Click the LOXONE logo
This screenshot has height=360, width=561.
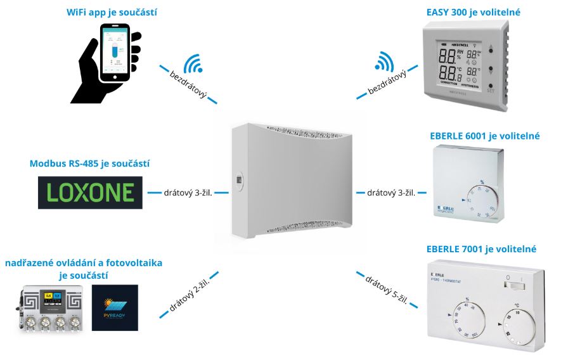point(91,191)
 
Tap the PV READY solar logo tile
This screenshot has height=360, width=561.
point(115,307)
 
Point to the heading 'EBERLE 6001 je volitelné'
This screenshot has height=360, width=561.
point(484,136)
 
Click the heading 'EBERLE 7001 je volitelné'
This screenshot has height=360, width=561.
point(482,248)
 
